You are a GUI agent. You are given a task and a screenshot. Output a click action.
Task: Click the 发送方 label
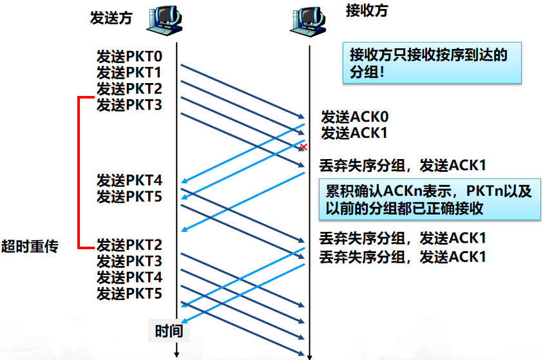111,17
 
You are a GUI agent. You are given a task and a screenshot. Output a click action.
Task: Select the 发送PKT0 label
129,57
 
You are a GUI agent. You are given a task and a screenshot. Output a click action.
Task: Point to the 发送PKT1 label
129,72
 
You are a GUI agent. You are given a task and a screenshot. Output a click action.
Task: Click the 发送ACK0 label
355,117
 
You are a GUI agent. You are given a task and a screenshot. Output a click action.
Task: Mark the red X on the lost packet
303,147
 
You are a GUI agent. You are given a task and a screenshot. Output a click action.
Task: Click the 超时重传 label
30,245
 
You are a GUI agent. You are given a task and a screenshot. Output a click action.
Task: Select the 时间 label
169,332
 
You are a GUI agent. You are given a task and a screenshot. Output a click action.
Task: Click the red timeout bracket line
79,173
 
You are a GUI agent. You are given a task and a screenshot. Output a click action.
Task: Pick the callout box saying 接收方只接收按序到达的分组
431,63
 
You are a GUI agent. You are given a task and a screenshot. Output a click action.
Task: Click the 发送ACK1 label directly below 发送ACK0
355,133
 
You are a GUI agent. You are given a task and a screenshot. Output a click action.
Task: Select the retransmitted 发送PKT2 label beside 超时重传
129,245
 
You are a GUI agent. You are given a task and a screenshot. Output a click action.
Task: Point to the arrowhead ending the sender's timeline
176,353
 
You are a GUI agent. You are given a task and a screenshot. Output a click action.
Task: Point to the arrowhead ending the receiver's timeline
310,354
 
